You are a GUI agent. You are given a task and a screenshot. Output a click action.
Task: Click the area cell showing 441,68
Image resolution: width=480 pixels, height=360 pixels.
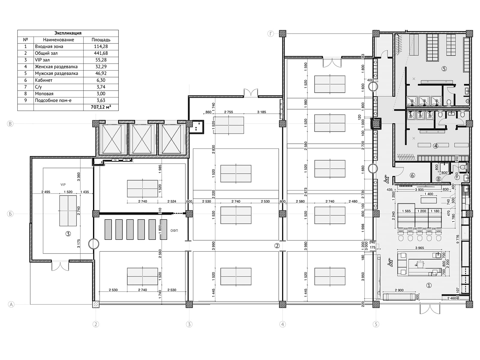(x=101, y=53)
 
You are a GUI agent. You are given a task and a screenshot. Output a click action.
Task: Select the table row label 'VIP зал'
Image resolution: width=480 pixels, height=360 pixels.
(x=42, y=60)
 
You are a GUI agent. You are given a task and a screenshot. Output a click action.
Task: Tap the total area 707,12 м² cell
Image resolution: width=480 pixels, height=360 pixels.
(x=101, y=107)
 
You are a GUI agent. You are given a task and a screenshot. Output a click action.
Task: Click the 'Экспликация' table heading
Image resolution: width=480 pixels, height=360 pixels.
(x=68, y=33)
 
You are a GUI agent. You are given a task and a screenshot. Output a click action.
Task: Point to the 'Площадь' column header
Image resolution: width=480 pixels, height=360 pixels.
(x=101, y=40)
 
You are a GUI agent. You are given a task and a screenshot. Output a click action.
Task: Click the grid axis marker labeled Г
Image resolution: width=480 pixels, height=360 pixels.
(x=271, y=34)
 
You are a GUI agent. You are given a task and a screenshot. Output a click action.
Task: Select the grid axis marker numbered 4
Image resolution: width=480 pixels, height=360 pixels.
(x=282, y=324)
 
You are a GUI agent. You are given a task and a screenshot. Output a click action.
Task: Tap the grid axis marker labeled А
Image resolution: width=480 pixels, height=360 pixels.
(x=11, y=304)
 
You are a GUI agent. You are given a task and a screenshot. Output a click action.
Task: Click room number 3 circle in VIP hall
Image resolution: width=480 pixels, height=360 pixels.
(x=68, y=233)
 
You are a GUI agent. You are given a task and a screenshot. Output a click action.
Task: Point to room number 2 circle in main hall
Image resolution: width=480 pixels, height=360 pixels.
(x=277, y=246)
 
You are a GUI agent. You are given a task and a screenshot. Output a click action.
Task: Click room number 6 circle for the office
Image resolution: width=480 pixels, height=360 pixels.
(x=412, y=175)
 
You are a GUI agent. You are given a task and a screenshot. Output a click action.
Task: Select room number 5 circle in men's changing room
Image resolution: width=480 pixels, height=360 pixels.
(x=444, y=69)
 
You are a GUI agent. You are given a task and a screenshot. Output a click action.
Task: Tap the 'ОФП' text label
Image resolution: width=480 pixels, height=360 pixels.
(x=174, y=230)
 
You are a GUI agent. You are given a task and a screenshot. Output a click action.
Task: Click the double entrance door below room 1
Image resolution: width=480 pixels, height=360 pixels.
(x=430, y=309)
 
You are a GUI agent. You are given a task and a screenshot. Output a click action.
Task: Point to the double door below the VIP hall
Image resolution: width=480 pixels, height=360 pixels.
(x=60, y=265)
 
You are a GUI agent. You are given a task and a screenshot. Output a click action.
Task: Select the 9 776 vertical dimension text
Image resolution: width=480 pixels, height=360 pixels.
(x=457, y=240)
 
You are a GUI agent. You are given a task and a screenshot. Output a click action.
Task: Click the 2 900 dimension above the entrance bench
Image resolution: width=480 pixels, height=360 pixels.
(x=399, y=290)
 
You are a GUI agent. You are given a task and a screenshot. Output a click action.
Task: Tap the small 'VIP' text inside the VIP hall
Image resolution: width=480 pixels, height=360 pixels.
(x=63, y=184)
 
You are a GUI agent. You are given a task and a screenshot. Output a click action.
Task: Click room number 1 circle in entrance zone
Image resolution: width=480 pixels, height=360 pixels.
(x=429, y=285)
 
